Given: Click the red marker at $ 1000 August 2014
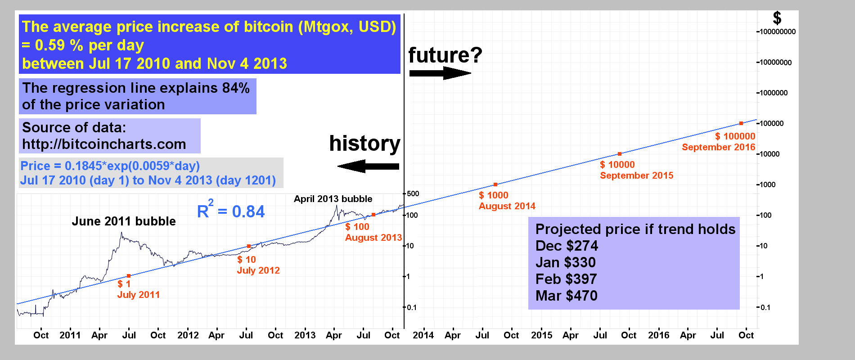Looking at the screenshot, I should click(495, 184).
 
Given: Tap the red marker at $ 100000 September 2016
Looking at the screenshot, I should click(741, 123).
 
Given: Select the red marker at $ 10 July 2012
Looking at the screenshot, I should click(249, 246).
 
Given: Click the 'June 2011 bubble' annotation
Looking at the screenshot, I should click(124, 221).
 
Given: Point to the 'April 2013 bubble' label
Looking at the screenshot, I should click(333, 199).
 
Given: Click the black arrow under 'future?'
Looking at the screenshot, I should click(440, 73).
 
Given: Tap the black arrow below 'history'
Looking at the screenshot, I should click(368, 167).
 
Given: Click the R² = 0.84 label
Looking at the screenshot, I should click(231, 211).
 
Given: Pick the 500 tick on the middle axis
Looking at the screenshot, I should click(413, 194).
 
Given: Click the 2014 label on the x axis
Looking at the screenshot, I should click(423, 335).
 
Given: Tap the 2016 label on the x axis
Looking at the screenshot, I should click(658, 335).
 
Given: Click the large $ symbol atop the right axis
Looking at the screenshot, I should click(777, 18).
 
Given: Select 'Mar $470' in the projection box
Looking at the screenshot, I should click(567, 296).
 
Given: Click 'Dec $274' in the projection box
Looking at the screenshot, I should click(567, 246).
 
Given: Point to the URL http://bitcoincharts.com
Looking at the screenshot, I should click(104, 144).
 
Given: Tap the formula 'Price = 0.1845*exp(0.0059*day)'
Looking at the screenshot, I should click(110, 166).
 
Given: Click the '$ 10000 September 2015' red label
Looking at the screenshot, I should click(636, 170).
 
